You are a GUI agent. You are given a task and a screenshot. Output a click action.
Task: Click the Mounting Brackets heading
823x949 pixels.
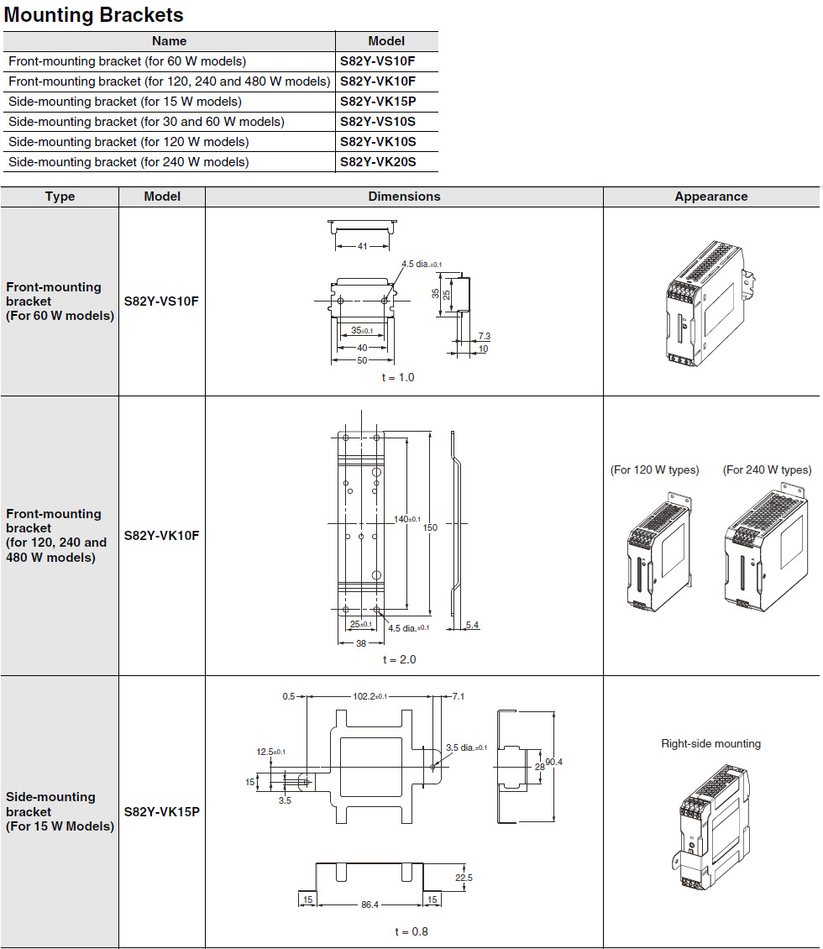pyautogui.click(x=94, y=15)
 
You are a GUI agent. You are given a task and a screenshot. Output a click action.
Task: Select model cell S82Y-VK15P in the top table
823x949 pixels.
pyautogui.click(x=377, y=102)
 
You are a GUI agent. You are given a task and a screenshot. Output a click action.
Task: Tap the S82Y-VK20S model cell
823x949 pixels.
pyautogui.click(x=378, y=162)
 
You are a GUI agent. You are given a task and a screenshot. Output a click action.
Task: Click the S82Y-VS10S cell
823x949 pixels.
pyautogui.click(x=378, y=122)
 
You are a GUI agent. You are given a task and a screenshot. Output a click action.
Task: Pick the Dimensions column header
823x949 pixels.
pyautogui.click(x=404, y=197)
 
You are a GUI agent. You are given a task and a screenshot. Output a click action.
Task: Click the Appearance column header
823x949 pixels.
pyautogui.click(x=710, y=197)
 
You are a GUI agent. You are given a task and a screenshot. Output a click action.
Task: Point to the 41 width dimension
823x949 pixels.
pyautogui.click(x=362, y=247)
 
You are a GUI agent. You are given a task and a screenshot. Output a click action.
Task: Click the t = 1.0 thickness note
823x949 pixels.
pyautogui.click(x=398, y=377)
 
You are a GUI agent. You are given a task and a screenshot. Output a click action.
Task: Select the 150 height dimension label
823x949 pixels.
pyautogui.click(x=430, y=527)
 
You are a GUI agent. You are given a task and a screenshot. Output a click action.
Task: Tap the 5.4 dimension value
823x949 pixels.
pyautogui.click(x=472, y=625)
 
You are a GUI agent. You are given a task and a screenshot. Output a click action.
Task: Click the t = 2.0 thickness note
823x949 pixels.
pyautogui.click(x=399, y=659)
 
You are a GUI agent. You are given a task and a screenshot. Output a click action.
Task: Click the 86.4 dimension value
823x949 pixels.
pyautogui.click(x=370, y=904)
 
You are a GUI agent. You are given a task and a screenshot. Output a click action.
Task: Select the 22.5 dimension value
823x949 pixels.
pyautogui.click(x=463, y=878)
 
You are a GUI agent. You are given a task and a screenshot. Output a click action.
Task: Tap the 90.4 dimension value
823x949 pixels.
pyautogui.click(x=555, y=762)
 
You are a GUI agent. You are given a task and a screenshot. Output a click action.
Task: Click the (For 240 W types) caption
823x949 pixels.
pyautogui.click(x=767, y=469)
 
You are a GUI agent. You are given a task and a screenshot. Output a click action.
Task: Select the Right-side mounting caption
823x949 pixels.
pyautogui.click(x=710, y=743)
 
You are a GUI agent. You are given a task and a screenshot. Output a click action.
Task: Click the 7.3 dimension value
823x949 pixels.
pyautogui.click(x=484, y=336)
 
